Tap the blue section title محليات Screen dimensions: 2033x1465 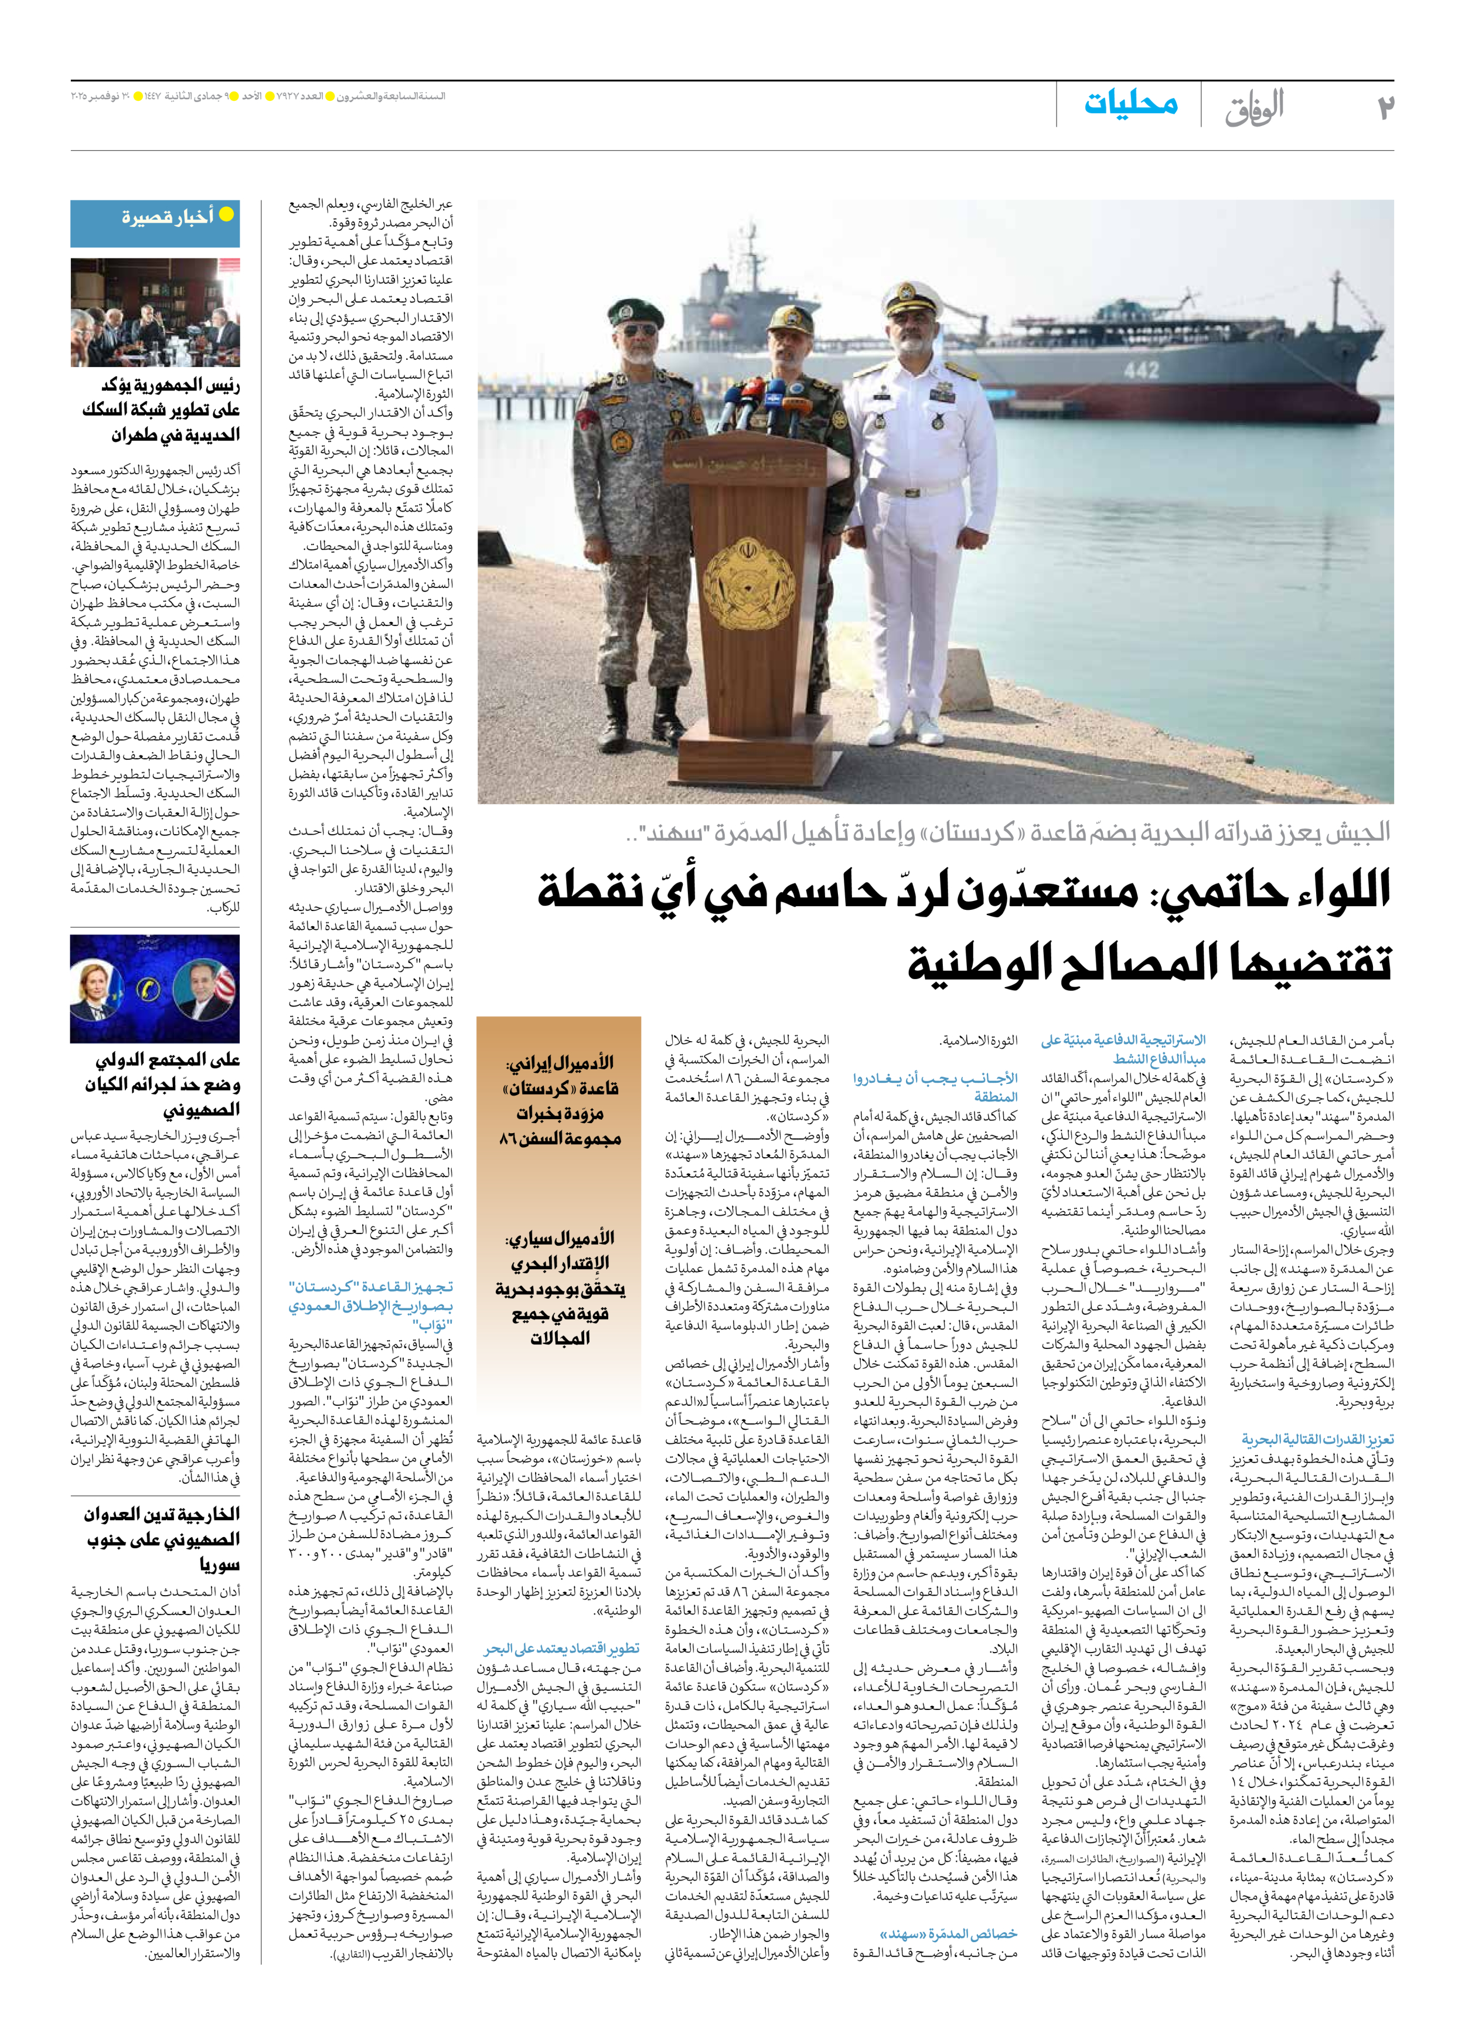click(1131, 104)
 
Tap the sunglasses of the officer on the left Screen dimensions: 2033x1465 click(638, 330)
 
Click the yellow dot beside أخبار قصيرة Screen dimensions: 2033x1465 click(227, 214)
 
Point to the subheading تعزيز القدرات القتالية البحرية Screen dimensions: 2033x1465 click(1317, 1440)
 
